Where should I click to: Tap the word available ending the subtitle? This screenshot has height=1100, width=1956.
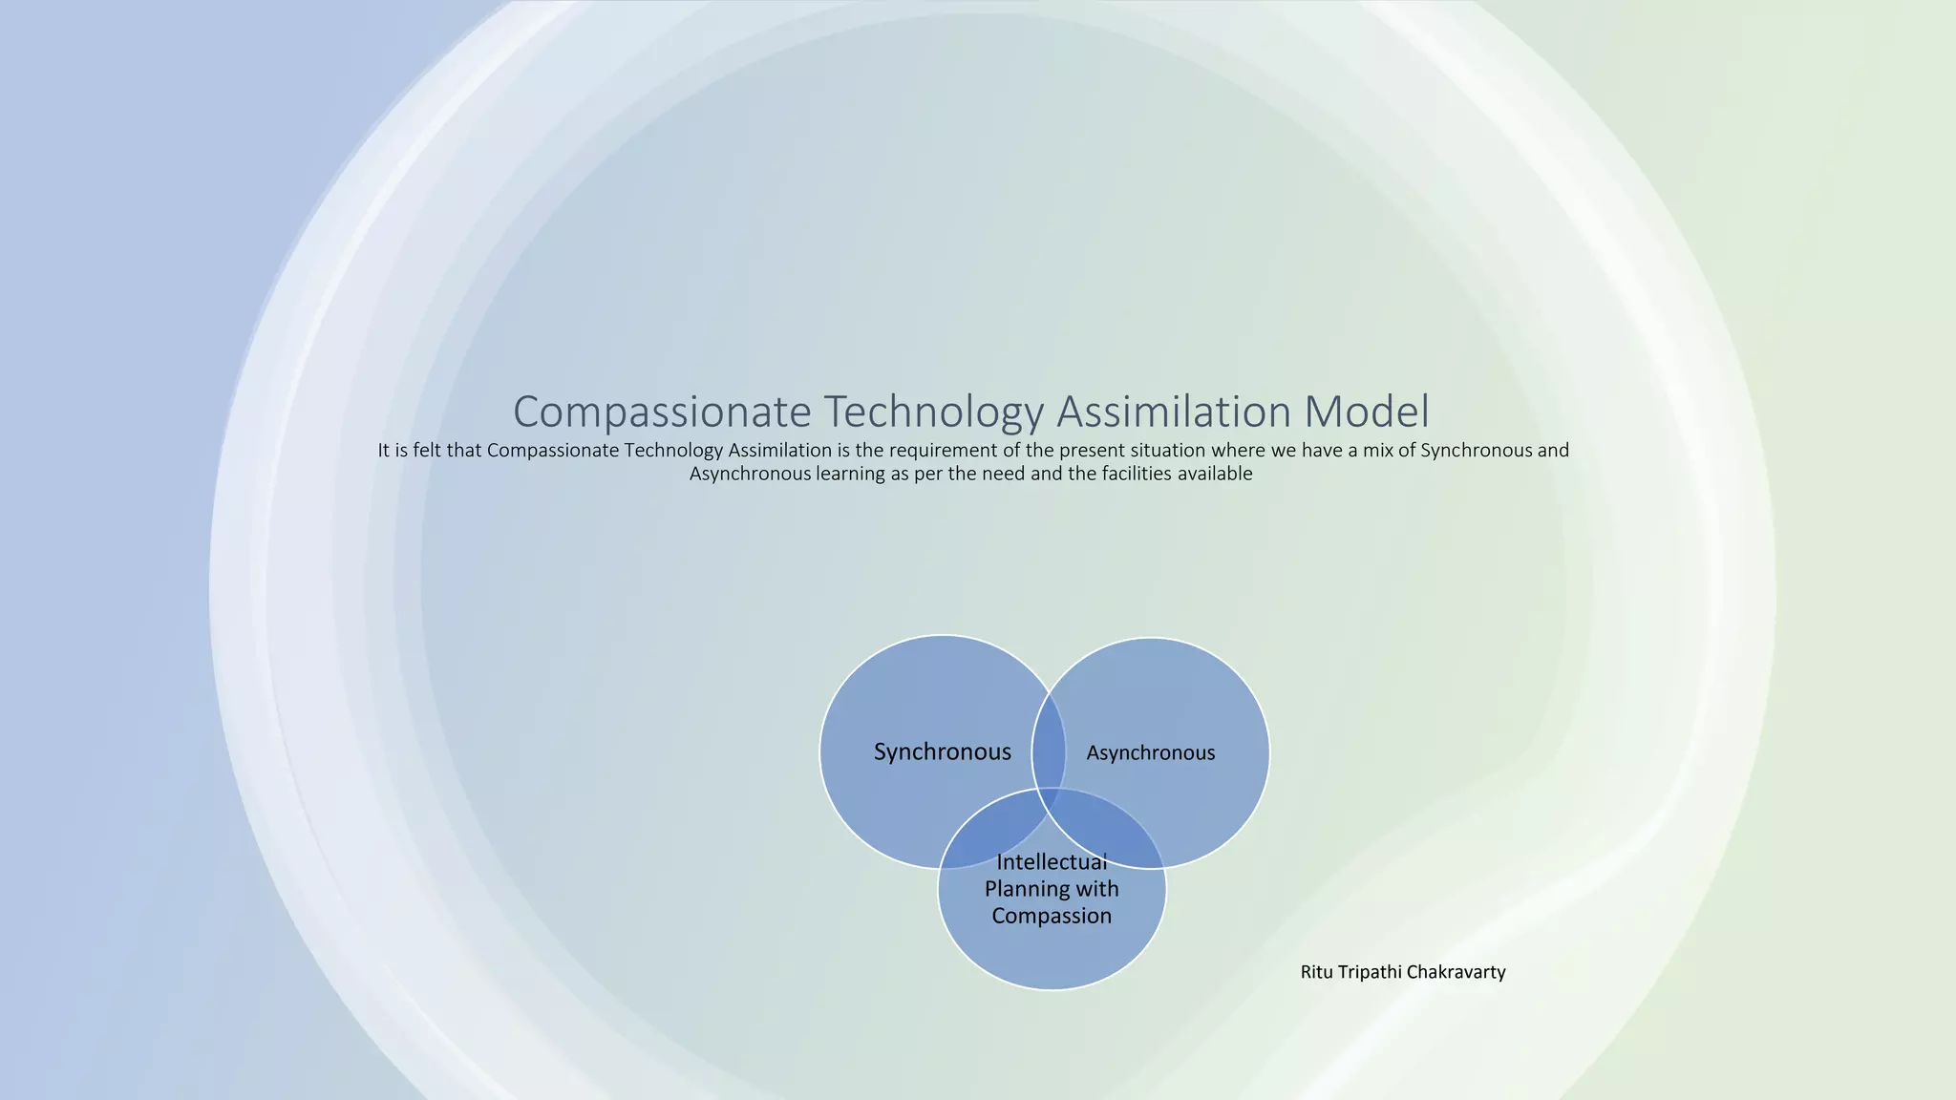tap(1214, 474)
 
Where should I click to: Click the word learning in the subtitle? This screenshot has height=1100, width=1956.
tap(850, 474)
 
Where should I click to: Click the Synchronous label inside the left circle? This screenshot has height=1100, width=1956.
tap(942, 752)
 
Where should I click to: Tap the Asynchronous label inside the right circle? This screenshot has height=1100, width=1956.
tap(1150, 753)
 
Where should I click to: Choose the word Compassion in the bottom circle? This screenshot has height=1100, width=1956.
tap(1052, 916)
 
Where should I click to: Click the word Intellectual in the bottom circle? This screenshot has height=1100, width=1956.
tap(1052, 862)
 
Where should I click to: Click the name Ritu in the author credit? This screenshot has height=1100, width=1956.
tap(1316, 972)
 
